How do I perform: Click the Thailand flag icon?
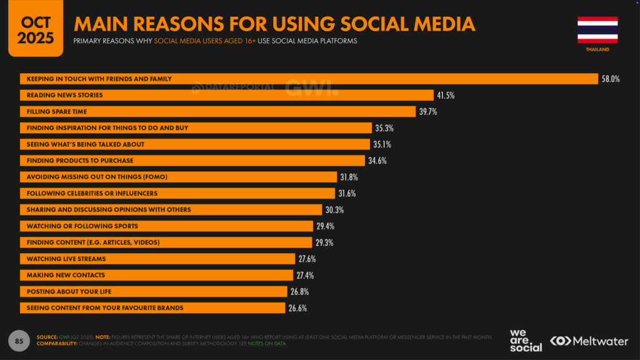click(x=597, y=29)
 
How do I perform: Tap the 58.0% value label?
click(x=610, y=79)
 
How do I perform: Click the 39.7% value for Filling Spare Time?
click(x=428, y=111)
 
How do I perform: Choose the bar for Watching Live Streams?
click(x=157, y=258)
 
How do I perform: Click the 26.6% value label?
click(x=297, y=307)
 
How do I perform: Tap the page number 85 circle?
click(x=19, y=340)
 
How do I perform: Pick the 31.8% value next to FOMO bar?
click(x=349, y=177)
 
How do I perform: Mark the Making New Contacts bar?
click(x=156, y=275)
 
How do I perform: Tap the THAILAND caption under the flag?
click(x=597, y=49)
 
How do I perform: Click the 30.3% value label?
click(x=334, y=209)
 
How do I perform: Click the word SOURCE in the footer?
click(x=48, y=337)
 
